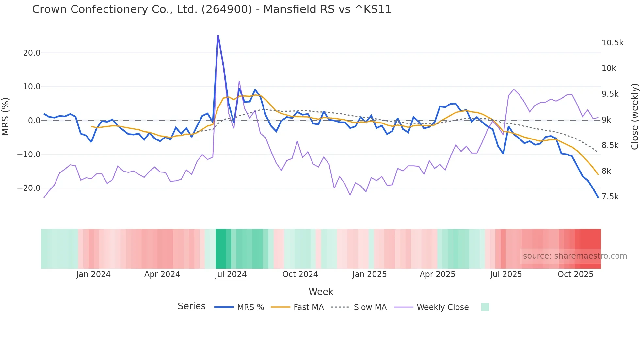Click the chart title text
[x=212, y=9]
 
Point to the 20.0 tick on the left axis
[x=32, y=53]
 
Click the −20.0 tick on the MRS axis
[x=29, y=188]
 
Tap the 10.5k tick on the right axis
[x=612, y=43]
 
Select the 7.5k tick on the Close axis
[x=610, y=197]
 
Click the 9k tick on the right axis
[x=606, y=120]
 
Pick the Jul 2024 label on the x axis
[x=231, y=274]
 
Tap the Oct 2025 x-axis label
[x=575, y=274]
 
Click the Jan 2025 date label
[x=369, y=274]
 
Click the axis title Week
[x=321, y=292]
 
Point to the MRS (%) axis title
[x=5, y=116]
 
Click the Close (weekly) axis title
[x=634, y=116]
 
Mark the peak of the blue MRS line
[x=218, y=36]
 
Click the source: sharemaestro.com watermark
[x=575, y=256]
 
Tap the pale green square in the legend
[x=485, y=307]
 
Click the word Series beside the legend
[x=191, y=306]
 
